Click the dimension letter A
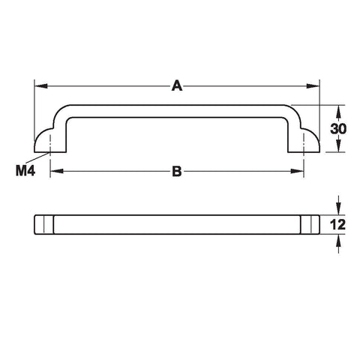click(177, 85)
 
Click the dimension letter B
click(177, 172)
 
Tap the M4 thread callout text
click(25, 171)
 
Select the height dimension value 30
click(338, 129)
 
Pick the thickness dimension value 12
click(338, 224)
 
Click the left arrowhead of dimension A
click(41, 85)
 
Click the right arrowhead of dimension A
click(313, 85)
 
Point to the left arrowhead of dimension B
click(57, 171)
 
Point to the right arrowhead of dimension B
click(297, 171)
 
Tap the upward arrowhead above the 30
click(338, 112)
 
